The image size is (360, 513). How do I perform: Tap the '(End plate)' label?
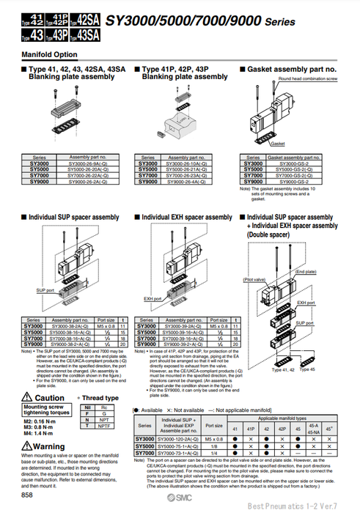(305, 272)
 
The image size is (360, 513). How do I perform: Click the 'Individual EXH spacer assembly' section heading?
(186, 217)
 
